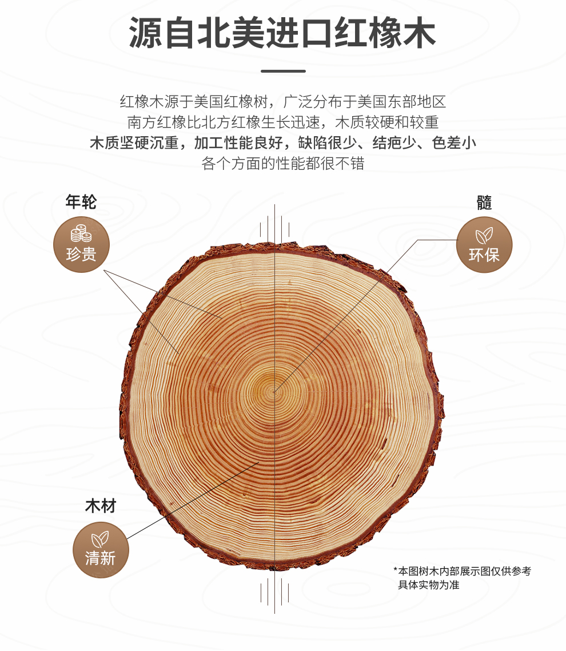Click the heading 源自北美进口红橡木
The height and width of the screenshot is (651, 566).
click(282, 33)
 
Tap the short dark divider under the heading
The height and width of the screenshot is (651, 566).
click(283, 71)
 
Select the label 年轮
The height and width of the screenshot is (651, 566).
click(81, 202)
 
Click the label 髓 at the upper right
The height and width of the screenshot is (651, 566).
click(484, 203)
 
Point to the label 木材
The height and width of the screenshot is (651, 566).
click(101, 506)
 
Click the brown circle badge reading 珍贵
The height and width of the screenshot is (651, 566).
click(81, 244)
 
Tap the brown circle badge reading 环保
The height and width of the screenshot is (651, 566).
click(484, 244)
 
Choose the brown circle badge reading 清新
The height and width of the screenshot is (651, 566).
click(101, 550)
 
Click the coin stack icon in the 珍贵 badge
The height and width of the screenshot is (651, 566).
click(81, 233)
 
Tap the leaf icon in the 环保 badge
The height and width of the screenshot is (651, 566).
click(484, 236)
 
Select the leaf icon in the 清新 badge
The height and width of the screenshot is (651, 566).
click(100, 539)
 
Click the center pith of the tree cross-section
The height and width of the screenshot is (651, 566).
click(274, 390)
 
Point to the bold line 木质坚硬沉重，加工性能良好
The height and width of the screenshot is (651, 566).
click(186, 143)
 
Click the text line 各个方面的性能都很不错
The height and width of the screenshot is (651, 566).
click(282, 163)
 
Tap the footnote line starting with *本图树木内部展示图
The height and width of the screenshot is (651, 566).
click(462, 571)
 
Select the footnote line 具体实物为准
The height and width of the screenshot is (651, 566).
click(429, 585)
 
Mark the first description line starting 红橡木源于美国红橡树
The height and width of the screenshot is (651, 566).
click(283, 102)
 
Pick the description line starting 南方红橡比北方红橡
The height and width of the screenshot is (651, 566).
click(283, 122)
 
